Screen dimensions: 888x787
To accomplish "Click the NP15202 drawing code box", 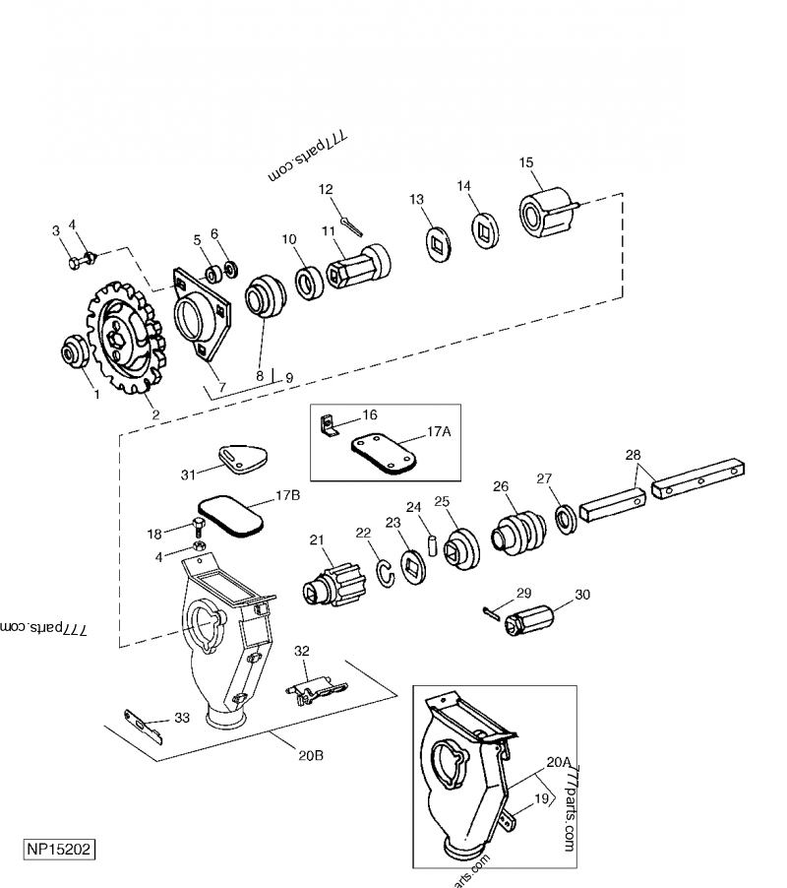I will [60, 848].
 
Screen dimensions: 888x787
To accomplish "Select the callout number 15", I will [526, 162].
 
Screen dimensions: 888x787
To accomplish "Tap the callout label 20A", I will [558, 761].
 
